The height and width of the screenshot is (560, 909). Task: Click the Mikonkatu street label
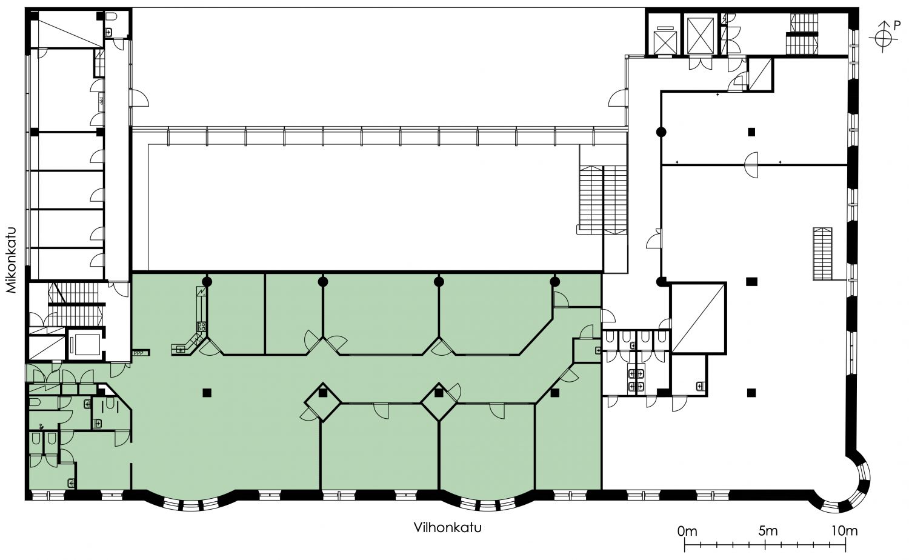click(10, 260)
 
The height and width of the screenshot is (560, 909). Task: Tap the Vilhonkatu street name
click(448, 527)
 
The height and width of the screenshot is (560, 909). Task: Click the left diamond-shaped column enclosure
click(322, 402)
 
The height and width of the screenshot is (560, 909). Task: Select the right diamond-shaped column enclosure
click(438, 402)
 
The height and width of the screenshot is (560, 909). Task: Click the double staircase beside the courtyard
click(604, 199)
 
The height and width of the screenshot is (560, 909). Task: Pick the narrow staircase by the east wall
click(822, 253)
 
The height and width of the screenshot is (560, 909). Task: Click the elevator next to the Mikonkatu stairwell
click(84, 344)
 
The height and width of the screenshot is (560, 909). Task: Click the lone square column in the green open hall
click(207, 392)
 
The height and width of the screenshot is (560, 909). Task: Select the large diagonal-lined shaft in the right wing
click(698, 318)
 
